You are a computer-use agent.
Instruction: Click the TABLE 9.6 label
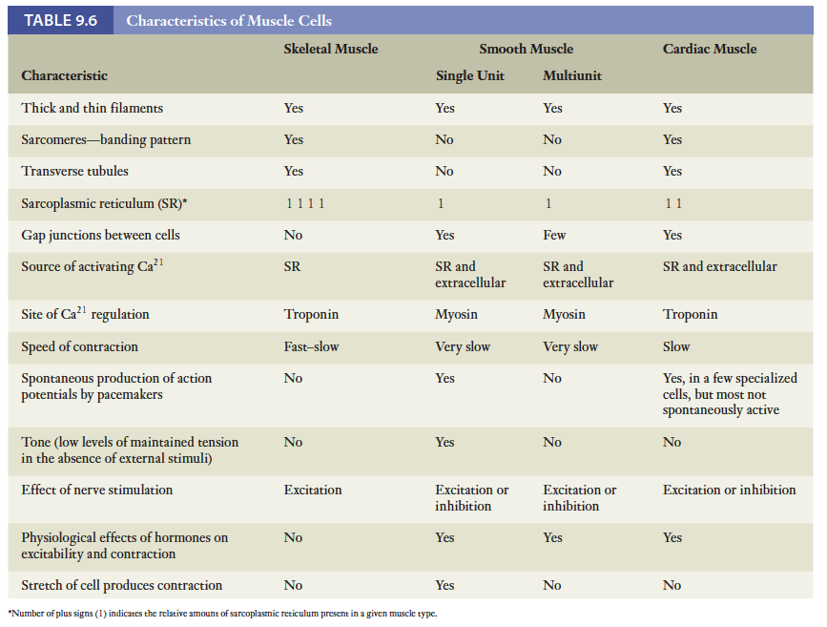[60, 20]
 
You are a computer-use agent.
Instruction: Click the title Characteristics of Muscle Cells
[229, 20]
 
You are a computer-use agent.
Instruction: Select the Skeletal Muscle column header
[330, 49]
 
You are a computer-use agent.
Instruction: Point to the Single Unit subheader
[469, 75]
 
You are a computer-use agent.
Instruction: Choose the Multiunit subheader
[572, 75]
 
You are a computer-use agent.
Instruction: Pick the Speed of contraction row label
[79, 346]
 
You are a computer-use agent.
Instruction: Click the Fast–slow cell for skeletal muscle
[311, 346]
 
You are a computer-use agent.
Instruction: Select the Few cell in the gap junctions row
[554, 235]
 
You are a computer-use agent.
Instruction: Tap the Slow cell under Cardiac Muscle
[676, 346]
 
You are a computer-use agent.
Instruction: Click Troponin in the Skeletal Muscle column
[311, 314]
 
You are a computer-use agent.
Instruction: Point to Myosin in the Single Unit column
[457, 314]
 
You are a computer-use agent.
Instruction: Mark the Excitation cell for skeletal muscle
[313, 490]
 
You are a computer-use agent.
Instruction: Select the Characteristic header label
[64, 75]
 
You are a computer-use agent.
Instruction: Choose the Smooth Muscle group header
[526, 49]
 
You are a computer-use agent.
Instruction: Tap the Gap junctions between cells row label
[100, 235]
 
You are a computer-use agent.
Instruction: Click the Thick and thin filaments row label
[92, 108]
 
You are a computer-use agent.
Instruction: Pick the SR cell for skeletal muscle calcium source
[292, 266]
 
